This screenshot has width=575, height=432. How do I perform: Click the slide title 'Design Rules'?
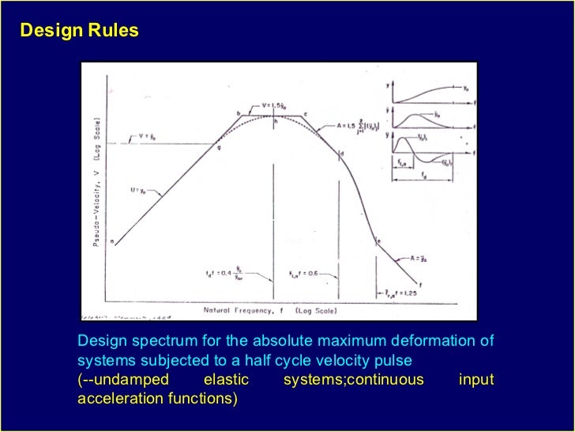[x=79, y=32]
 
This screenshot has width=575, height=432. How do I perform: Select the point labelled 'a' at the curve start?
[x=112, y=241]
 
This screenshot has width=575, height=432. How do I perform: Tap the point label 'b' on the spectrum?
[x=239, y=114]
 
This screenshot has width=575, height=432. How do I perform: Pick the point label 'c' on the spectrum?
[x=306, y=114]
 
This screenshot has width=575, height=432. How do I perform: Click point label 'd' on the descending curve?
[x=343, y=153]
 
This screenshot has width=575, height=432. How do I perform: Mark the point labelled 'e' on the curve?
[x=378, y=240]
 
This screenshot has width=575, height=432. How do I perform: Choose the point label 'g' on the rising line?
[x=219, y=147]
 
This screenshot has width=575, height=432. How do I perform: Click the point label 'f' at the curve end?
[x=419, y=284]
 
